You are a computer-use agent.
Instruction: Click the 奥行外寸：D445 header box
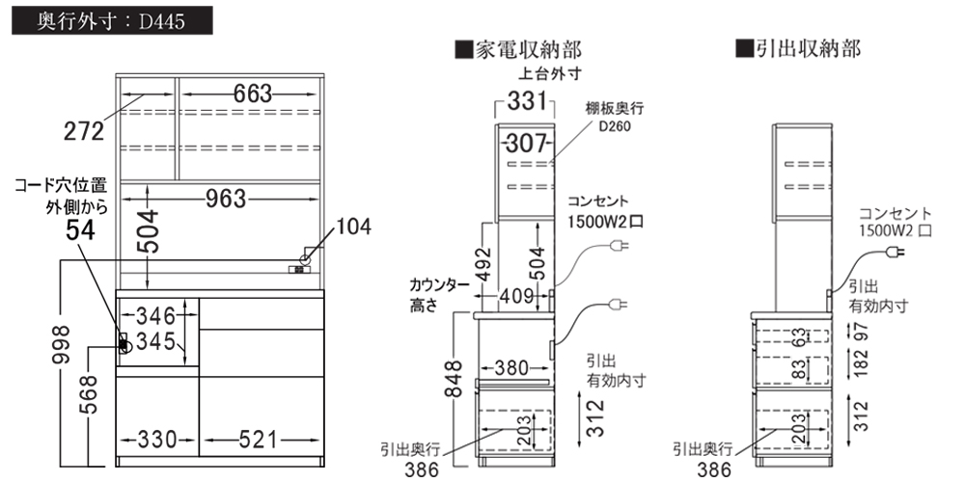(112, 20)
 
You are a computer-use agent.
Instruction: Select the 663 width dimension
(252, 94)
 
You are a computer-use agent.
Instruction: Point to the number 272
(84, 131)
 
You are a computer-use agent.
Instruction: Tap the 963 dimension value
(227, 199)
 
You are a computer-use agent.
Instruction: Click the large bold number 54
(81, 230)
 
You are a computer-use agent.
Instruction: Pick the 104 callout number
(353, 227)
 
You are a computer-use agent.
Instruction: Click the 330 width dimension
(157, 440)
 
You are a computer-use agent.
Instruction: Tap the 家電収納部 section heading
(518, 49)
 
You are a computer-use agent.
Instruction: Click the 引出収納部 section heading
(798, 48)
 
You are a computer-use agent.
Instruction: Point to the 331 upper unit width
(528, 102)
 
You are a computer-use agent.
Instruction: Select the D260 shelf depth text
(614, 127)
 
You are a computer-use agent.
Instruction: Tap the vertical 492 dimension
(486, 264)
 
